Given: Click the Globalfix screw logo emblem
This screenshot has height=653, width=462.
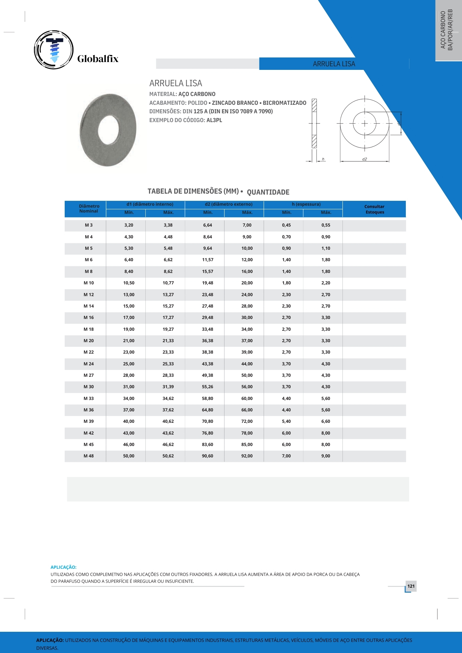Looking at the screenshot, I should coord(54,50).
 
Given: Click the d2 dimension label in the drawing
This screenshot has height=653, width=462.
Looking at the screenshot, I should coord(364,159).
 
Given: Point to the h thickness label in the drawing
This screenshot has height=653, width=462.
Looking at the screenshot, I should coord(323,159).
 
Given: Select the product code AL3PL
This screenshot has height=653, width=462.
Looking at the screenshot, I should coord(214,120).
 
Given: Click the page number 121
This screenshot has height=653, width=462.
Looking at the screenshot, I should coord(411,586).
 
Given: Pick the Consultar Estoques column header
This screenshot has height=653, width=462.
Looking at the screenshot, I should coord(374,209).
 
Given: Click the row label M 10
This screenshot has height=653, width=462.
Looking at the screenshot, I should coord(89,283).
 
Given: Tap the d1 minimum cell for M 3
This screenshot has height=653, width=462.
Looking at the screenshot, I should coord(129,225).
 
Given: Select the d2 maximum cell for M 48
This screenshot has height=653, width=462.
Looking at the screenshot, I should coord(247,456).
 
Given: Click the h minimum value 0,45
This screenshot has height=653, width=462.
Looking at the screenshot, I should coord(286,225).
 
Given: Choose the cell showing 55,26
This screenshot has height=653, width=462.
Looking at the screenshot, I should coord(207,387).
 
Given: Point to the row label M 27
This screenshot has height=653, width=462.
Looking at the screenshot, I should coord(89,375).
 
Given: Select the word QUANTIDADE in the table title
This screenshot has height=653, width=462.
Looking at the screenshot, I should coord(268,192).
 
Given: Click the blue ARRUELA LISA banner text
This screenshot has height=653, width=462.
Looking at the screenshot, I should coord(334,64).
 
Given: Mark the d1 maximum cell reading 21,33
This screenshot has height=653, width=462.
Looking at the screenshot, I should coord(168,341).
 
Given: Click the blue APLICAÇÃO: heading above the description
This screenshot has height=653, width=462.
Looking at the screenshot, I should coord(63,567).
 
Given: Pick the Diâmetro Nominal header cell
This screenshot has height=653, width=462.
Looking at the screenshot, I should coord(89,209).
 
